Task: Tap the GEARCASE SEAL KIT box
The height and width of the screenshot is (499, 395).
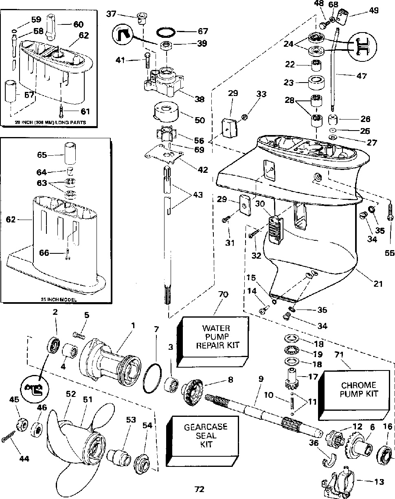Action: pyautogui.click(x=199, y=436)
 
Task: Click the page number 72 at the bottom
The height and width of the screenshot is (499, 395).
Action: pyautogui.click(x=200, y=489)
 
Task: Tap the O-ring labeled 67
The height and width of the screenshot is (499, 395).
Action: pyautogui.click(x=166, y=33)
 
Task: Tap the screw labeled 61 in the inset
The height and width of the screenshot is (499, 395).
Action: pyautogui.click(x=61, y=111)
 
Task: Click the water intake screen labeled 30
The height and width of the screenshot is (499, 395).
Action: pyautogui.click(x=275, y=230)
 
